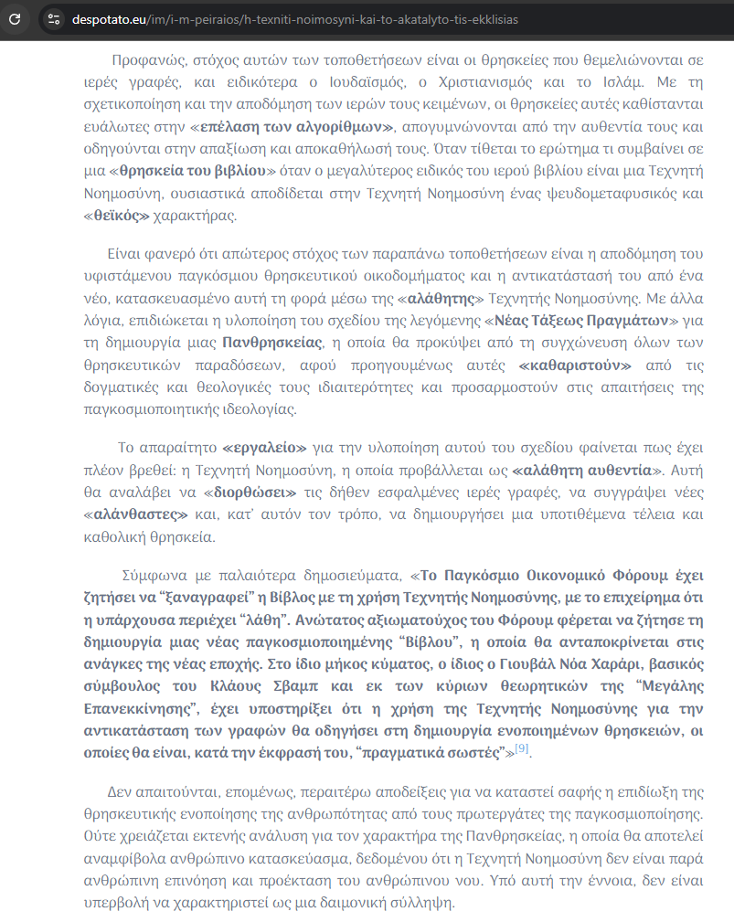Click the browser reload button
pos(15,18)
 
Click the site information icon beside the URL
pos(54,18)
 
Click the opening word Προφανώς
pos(147,62)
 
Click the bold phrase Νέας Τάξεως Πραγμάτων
pos(585,321)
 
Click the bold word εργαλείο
pos(264,448)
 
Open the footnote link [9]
pos(522,748)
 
